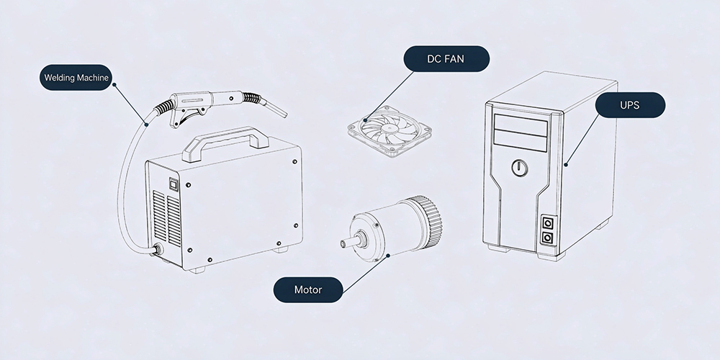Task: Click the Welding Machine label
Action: (x=76, y=77)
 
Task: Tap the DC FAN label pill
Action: (x=446, y=59)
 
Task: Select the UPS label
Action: (x=630, y=105)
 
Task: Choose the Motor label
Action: (x=308, y=289)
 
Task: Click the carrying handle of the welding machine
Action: (x=225, y=140)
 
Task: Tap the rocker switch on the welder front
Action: (x=174, y=184)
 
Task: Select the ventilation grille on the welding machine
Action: (x=167, y=217)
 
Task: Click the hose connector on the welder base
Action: (x=157, y=250)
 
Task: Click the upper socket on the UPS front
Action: (x=547, y=223)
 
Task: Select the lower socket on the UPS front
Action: (x=547, y=238)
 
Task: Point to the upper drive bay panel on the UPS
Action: (x=521, y=124)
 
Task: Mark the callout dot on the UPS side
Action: (x=566, y=164)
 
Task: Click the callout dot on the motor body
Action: (x=389, y=255)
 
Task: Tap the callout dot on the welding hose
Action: (x=146, y=124)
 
